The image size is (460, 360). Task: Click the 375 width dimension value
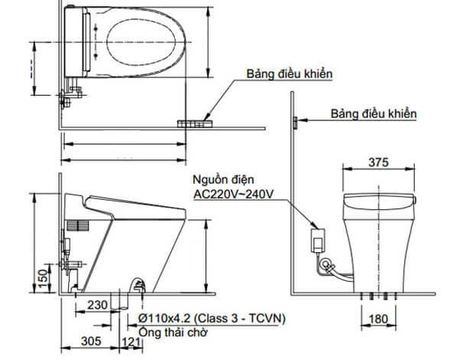coord(379,162)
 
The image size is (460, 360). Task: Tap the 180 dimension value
coord(378,319)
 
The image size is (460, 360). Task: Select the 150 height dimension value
coord(43,279)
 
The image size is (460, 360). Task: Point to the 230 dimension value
coord(97,305)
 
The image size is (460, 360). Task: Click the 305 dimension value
coord(91,342)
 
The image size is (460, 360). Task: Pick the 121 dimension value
coord(131,342)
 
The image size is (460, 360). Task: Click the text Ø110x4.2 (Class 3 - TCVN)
coord(212,319)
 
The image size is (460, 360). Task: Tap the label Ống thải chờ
coord(172,332)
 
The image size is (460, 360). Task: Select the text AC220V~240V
coord(233,194)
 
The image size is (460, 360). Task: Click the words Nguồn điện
coord(223,179)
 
